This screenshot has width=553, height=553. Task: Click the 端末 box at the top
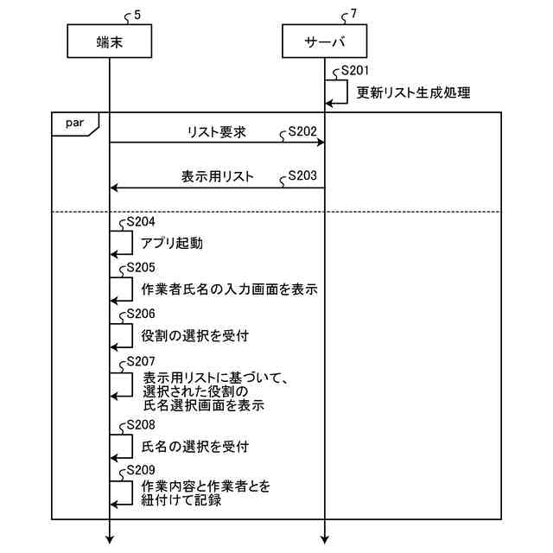[x=109, y=41]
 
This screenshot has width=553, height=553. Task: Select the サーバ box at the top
[x=324, y=41]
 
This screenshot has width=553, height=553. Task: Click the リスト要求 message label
[x=217, y=132]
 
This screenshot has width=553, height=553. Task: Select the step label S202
[x=302, y=131]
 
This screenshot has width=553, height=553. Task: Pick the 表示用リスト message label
[x=217, y=176]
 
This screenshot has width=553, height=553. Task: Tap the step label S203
[x=302, y=175]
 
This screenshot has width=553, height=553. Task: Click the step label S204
[x=141, y=222]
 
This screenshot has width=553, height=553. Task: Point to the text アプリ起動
[x=172, y=243]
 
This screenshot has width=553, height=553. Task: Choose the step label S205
[x=141, y=267]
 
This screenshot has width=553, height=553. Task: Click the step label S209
[x=141, y=470]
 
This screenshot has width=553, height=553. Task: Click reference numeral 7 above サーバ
[x=353, y=15]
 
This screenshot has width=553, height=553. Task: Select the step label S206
[x=141, y=313]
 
